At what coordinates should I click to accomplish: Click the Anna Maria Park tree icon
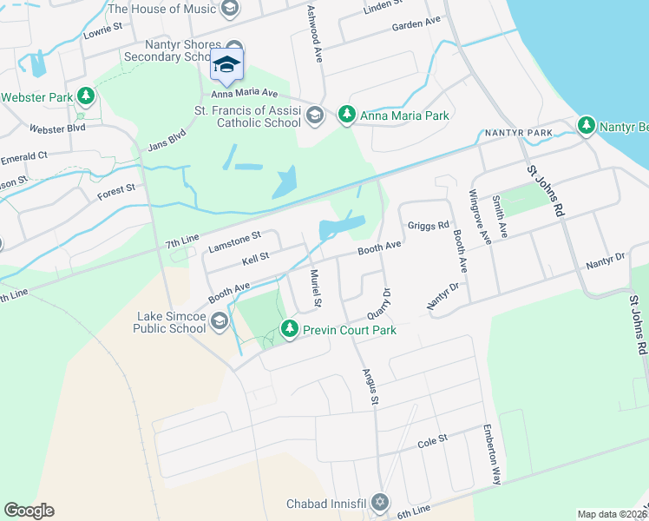point(347,115)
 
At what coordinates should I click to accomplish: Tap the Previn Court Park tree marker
point(290,330)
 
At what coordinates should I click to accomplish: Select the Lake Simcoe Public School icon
point(220,322)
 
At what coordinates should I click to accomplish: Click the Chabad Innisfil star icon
point(378,504)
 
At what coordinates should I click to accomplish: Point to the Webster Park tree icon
point(85,97)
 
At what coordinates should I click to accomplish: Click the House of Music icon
point(229,10)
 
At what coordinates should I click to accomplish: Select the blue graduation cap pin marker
point(226,64)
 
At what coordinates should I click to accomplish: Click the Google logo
point(29,511)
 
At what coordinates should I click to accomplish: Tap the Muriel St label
point(317,289)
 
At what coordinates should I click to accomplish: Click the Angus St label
point(371,386)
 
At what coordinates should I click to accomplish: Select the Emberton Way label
point(494,456)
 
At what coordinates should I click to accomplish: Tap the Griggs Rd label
point(428,225)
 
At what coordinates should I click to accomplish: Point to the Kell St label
point(256,258)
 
